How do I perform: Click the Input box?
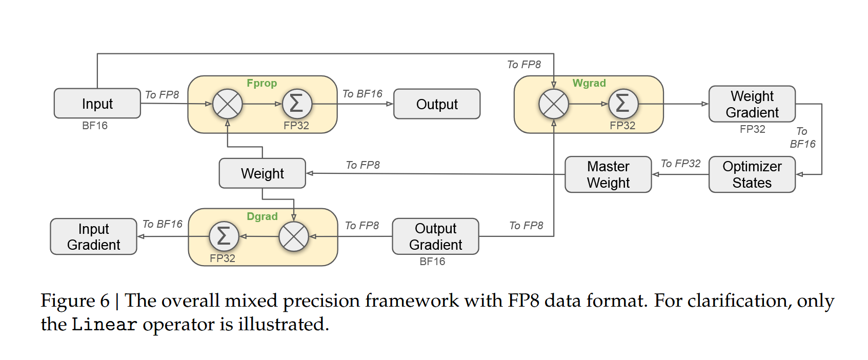[x=97, y=104]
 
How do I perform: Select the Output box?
[x=437, y=104]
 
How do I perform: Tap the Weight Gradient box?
[x=752, y=104]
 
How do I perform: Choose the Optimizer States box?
[x=752, y=174]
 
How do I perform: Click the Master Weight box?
[x=608, y=174]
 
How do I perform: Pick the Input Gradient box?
[x=93, y=236]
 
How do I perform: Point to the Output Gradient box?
[x=435, y=236]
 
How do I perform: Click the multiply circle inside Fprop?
[x=228, y=104]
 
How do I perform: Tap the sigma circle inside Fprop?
[x=297, y=104]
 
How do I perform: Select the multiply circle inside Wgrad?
[x=554, y=104]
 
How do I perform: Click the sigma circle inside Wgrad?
[x=623, y=104]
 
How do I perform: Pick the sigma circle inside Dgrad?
[x=224, y=236]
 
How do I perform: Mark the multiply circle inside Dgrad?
[x=293, y=236]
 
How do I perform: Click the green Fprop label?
[x=261, y=83]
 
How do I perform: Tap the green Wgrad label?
[x=589, y=83]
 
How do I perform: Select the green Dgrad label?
[x=262, y=216]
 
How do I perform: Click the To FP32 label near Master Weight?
[x=680, y=164]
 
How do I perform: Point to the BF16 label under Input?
[x=95, y=126]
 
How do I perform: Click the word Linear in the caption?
[x=104, y=325]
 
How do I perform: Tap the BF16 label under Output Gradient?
[x=432, y=262]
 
